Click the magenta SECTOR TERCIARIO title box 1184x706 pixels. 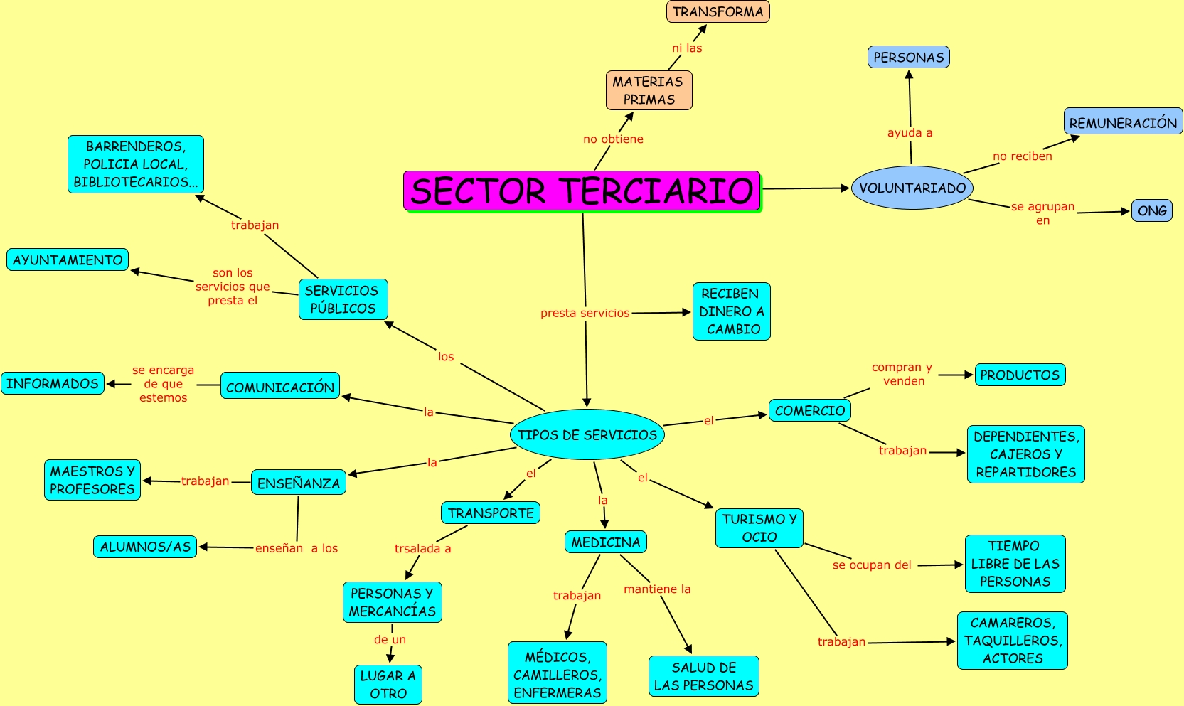click(582, 191)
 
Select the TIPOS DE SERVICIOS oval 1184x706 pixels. click(587, 434)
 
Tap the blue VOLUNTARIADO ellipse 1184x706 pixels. click(912, 188)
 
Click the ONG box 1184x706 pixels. click(1151, 210)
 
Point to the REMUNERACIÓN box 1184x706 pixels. click(1123, 122)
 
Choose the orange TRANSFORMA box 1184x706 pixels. click(718, 11)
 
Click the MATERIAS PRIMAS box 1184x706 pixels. click(649, 90)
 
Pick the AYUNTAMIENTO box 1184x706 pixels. click(68, 260)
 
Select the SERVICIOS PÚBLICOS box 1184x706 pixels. click(343, 299)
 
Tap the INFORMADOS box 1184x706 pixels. click(53, 383)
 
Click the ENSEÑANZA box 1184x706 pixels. click(299, 483)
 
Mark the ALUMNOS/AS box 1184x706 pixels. click(145, 547)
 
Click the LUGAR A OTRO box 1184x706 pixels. click(388, 684)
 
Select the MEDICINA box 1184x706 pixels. click(606, 542)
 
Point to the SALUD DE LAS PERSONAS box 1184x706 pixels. click(703, 675)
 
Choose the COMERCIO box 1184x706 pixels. click(809, 410)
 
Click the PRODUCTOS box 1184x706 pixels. click(1020, 375)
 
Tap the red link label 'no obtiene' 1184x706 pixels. click(613, 139)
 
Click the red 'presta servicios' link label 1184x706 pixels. click(585, 313)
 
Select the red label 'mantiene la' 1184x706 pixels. click(657, 589)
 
